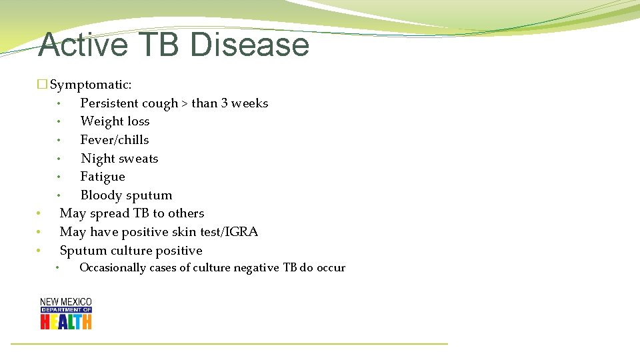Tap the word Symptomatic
click(91, 85)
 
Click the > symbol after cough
click(185, 103)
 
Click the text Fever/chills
click(115, 140)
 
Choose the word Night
click(98, 159)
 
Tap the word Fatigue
click(103, 177)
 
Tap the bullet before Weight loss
click(59, 122)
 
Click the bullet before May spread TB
click(39, 214)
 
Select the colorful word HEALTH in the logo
click(66, 321)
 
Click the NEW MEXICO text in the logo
click(66, 302)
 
